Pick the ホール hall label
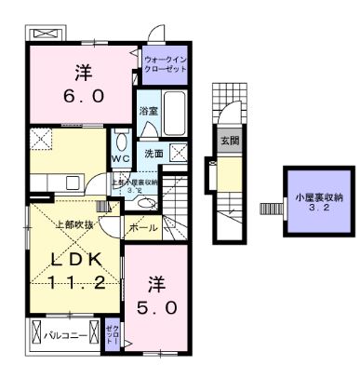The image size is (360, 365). pos(142,226)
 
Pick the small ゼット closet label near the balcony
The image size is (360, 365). pos(111,334)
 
